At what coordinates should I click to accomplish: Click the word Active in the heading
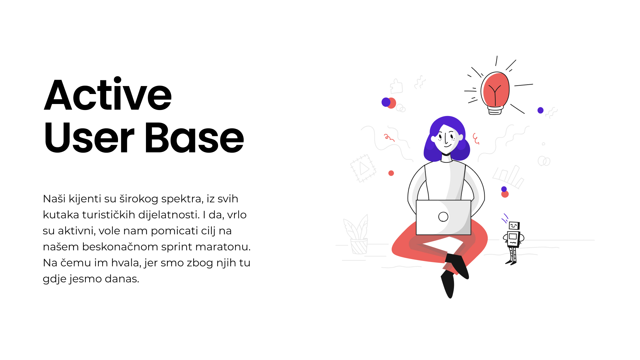pyautogui.click(x=108, y=94)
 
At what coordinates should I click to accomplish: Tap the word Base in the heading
pyautogui.click(x=194, y=137)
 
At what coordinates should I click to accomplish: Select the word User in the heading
pyautogui.click(x=89, y=137)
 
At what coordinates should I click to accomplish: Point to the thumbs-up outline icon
pyautogui.click(x=396, y=86)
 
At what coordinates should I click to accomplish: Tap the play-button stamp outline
pyautogui.click(x=363, y=168)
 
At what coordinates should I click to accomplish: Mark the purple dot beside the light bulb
pyautogui.click(x=541, y=110)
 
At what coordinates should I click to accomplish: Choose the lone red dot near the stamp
pyautogui.click(x=391, y=173)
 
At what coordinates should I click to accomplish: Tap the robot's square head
pyautogui.click(x=514, y=226)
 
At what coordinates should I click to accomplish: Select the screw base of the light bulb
pyautogui.click(x=495, y=110)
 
